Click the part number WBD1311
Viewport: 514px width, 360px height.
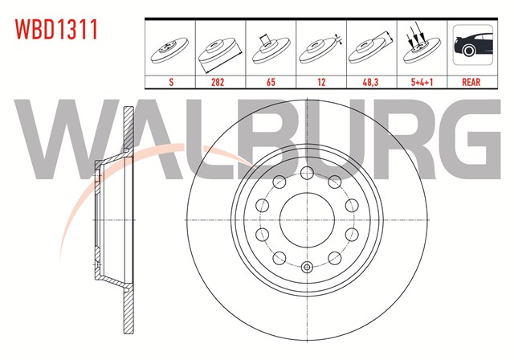click(56, 30)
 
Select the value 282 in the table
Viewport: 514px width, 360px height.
click(218, 82)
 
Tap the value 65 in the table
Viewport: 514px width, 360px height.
click(271, 82)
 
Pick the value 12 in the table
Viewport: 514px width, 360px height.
click(321, 82)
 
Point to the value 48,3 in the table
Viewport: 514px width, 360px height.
click(370, 82)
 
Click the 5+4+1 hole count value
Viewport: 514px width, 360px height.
click(422, 82)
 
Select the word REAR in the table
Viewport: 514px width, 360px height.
click(471, 82)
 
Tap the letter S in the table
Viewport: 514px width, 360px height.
click(171, 82)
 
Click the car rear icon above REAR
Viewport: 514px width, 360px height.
click(473, 45)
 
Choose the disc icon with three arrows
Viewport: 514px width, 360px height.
click(422, 46)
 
